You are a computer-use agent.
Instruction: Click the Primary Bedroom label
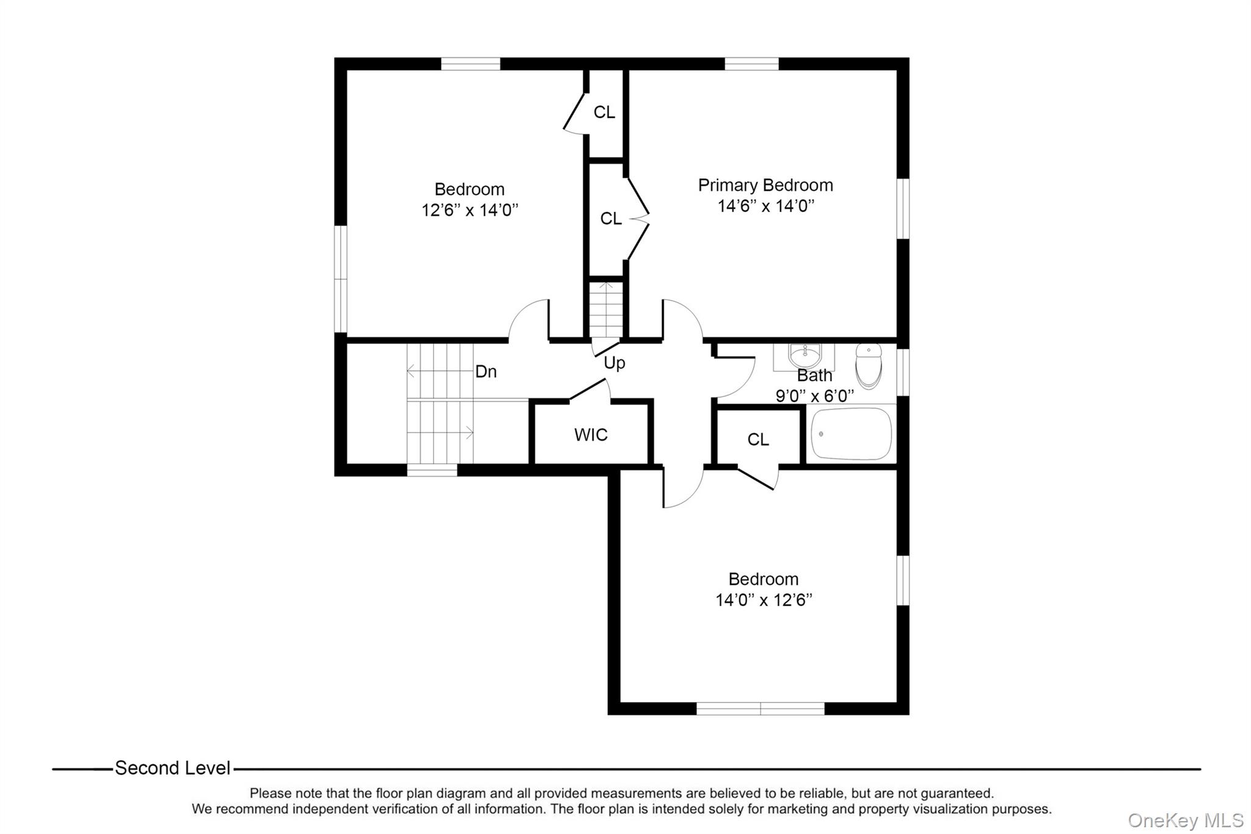pos(765,185)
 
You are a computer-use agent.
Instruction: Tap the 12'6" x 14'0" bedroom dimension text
pos(469,210)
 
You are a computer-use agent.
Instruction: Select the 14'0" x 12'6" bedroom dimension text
pos(764,600)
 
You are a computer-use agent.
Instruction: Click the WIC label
pos(591,435)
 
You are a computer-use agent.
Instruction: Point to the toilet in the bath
pos(869,365)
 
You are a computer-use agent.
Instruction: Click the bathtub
pos(851,434)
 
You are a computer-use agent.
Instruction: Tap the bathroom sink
pos(805,354)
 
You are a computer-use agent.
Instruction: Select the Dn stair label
pos(486,371)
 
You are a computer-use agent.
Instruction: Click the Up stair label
pos(615,363)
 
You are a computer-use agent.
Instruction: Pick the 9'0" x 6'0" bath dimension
pos(814,396)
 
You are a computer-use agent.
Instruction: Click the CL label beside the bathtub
pos(757,439)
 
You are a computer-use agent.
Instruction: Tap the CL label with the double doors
pos(611,219)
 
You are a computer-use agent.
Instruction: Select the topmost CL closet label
pos(604,112)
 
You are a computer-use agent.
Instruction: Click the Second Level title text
pos(172,768)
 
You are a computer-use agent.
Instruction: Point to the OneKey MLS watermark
pos(1185,820)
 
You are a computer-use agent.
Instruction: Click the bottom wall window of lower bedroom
pos(760,708)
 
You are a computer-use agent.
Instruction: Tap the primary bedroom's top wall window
pos(751,64)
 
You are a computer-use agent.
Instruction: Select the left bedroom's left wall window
pos(340,279)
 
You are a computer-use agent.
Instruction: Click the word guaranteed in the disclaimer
pos(957,793)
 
